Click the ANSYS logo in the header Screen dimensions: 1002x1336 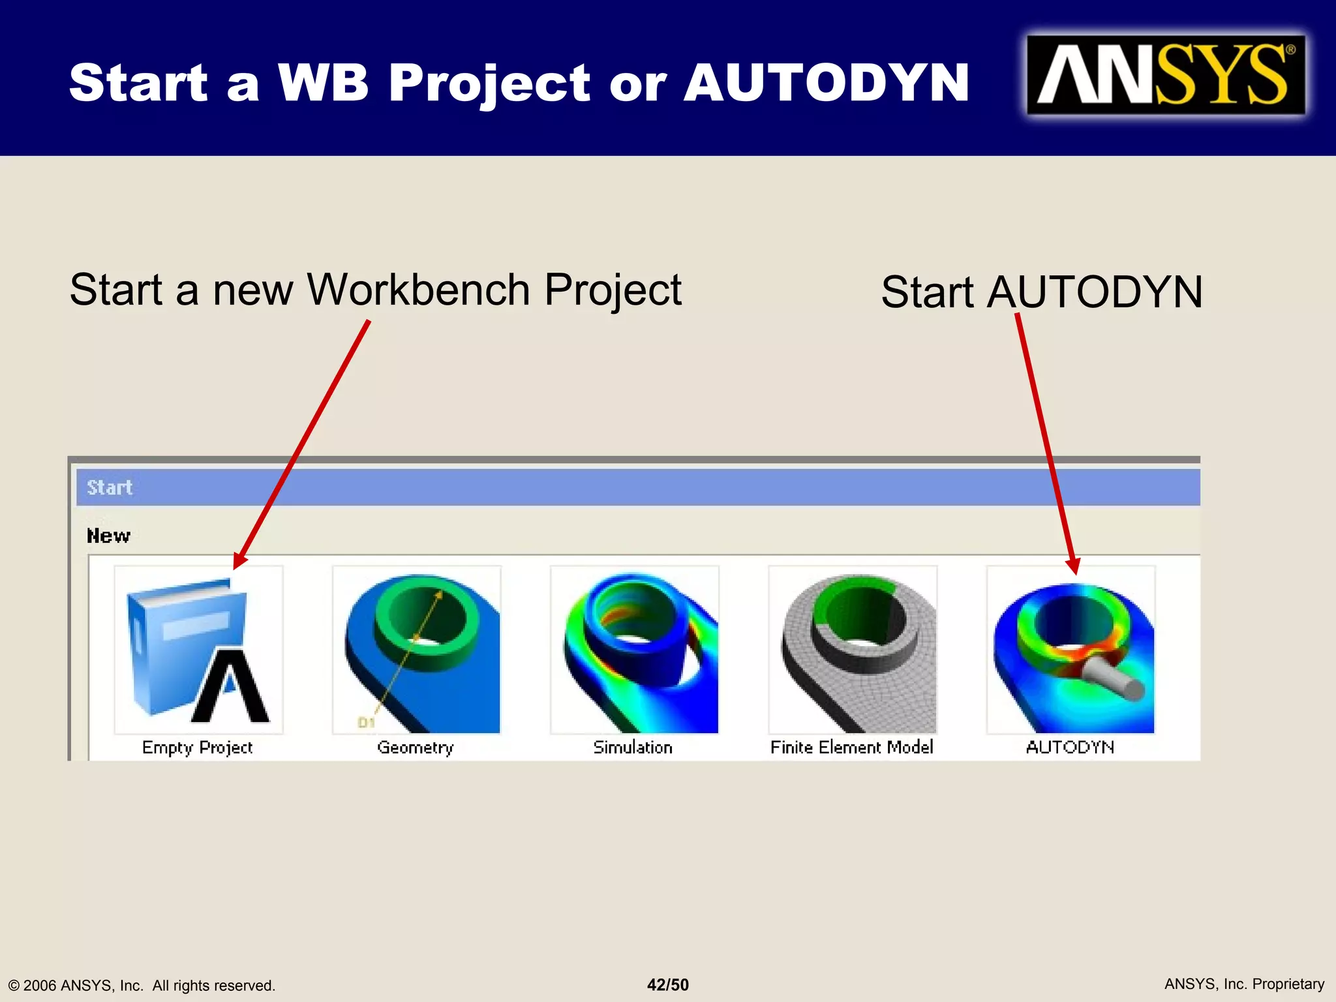point(1166,75)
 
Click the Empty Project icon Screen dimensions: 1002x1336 point(198,650)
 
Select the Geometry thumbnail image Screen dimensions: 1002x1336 point(417,650)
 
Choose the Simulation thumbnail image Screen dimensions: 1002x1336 point(635,650)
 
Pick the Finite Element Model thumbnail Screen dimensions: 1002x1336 point(853,650)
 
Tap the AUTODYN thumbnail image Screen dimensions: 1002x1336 point(1071,650)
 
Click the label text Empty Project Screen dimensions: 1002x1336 point(197,748)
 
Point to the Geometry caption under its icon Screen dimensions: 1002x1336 point(415,748)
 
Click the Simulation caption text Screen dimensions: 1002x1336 point(633,748)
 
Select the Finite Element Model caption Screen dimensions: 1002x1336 point(851,748)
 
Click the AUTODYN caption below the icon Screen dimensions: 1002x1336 point(1070,748)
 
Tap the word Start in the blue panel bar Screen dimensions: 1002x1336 point(110,487)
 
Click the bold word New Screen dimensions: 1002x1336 point(108,536)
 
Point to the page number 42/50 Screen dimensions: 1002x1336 point(667,985)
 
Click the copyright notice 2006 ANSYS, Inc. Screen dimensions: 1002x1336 point(142,986)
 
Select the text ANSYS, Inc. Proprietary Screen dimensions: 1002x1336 point(1244,984)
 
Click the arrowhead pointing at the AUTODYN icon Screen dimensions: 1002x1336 point(1073,566)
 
